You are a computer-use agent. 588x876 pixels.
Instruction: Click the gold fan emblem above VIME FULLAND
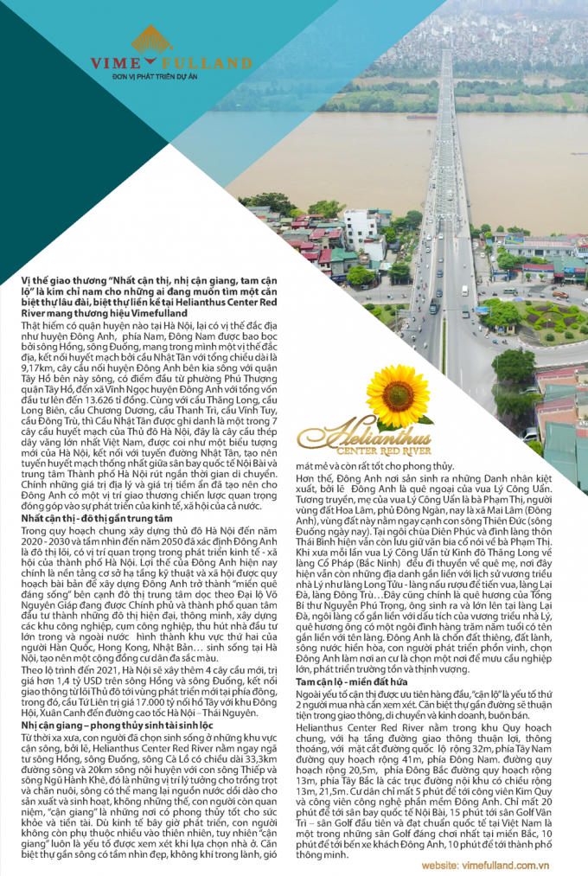click(152, 42)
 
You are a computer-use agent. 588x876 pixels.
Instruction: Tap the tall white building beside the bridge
click(359, 230)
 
